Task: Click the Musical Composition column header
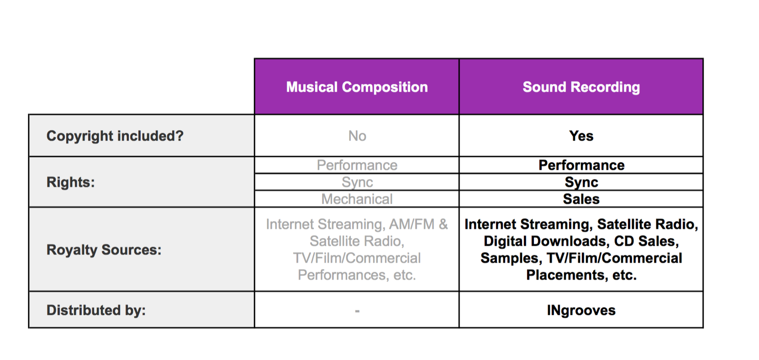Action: tap(357, 87)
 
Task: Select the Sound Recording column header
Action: tap(581, 87)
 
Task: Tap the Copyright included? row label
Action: tap(115, 136)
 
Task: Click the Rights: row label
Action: tap(70, 182)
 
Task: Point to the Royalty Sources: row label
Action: tap(104, 250)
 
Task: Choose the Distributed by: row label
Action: tap(96, 310)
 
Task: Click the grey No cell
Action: tap(357, 136)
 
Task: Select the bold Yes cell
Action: tap(581, 136)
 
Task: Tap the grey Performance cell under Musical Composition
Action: tap(357, 165)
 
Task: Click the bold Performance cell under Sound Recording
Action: tap(581, 165)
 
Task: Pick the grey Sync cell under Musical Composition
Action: tap(357, 182)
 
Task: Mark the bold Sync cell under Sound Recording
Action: tap(581, 182)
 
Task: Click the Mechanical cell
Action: tap(357, 199)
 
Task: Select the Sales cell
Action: tap(581, 199)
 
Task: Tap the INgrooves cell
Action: tap(581, 310)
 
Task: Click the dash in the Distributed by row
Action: tap(357, 311)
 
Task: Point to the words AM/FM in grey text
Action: tap(411, 224)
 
